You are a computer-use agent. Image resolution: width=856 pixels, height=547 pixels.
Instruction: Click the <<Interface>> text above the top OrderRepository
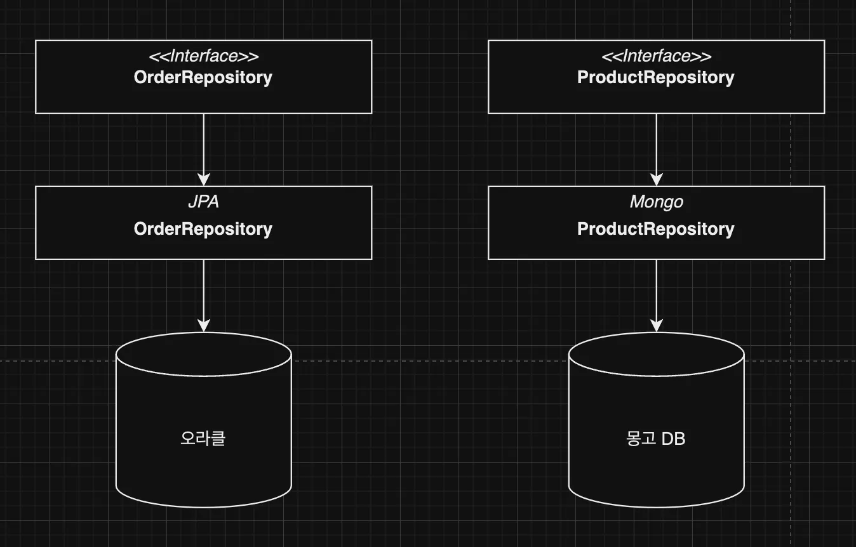203,56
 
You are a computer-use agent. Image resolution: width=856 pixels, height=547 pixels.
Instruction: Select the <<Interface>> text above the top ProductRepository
656,56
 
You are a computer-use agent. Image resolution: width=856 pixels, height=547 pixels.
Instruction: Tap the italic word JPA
203,202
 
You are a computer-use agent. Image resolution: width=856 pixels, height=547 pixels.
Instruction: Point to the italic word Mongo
656,202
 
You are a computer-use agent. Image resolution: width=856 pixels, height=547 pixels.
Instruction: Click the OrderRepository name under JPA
203,229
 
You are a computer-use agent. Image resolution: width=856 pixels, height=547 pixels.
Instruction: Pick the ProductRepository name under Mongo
656,229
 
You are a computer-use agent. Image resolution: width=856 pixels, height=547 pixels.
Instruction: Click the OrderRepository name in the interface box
203,77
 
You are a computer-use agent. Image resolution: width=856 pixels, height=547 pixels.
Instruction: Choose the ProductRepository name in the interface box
656,77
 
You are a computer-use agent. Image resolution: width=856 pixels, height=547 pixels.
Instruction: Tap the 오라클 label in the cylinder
203,438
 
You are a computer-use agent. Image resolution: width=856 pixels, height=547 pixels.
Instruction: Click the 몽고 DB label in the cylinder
656,438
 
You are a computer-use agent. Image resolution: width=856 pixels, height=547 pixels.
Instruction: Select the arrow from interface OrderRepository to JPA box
203,146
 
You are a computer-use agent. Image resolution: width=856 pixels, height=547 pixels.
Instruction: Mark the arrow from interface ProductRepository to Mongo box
657,146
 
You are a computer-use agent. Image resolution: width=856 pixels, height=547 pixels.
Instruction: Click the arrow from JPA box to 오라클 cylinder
203,292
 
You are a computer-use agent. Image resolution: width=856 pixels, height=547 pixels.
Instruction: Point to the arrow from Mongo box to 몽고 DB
657,292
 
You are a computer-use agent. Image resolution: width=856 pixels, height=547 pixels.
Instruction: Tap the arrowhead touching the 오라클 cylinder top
203,326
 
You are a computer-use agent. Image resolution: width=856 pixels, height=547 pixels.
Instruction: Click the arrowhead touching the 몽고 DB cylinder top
657,326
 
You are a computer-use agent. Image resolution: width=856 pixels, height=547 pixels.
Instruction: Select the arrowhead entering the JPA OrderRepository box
203,180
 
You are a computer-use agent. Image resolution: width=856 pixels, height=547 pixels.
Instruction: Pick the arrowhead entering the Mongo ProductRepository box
657,180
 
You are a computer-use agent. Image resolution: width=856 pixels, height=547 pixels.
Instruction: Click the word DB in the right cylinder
673,438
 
